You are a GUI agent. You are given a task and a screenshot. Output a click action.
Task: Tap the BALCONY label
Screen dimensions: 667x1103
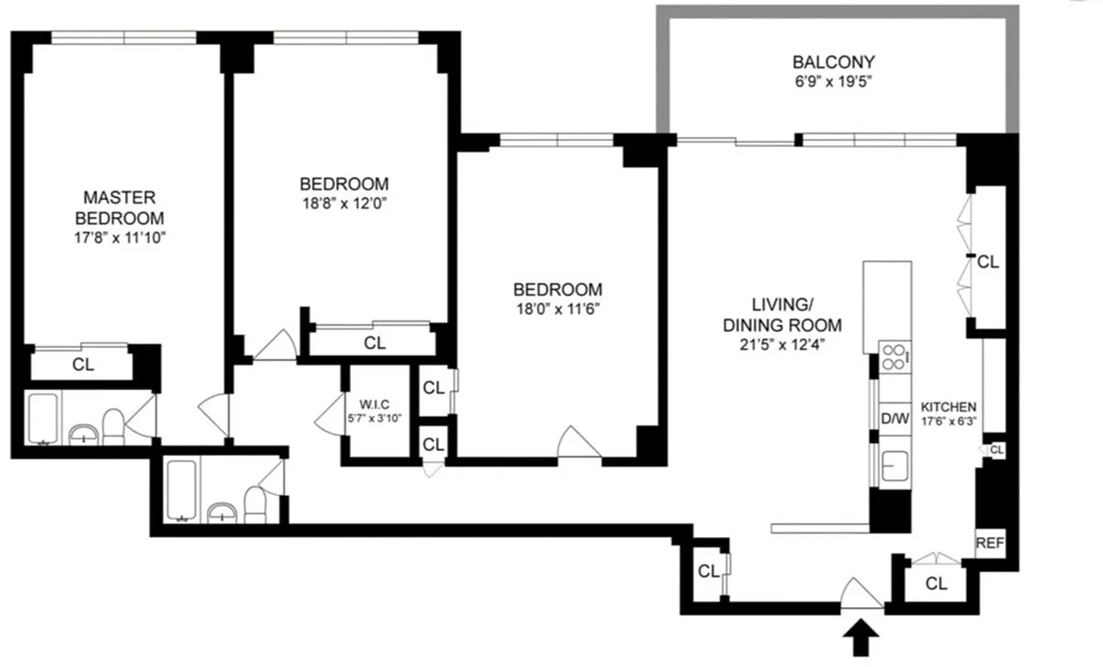(x=833, y=62)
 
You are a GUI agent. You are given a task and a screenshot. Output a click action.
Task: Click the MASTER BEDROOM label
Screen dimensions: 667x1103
(x=119, y=208)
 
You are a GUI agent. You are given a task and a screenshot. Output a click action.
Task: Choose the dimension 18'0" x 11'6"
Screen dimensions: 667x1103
(x=557, y=309)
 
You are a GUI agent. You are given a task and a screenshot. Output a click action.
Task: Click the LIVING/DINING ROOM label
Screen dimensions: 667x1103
(x=782, y=314)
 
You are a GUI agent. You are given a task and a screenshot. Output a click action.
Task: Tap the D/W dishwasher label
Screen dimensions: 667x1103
(x=895, y=419)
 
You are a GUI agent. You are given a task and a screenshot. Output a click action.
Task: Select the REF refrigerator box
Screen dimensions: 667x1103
(x=990, y=542)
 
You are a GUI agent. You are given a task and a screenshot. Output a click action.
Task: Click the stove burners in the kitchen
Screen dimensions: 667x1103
(x=895, y=357)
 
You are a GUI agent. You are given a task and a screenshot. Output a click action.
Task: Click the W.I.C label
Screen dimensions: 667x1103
(x=377, y=404)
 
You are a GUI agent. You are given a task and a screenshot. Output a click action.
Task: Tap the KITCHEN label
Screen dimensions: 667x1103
(x=948, y=407)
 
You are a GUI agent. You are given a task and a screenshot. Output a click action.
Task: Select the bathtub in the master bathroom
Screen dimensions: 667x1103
(x=42, y=419)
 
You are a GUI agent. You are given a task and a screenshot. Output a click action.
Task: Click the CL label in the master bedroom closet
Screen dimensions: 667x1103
(x=83, y=364)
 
